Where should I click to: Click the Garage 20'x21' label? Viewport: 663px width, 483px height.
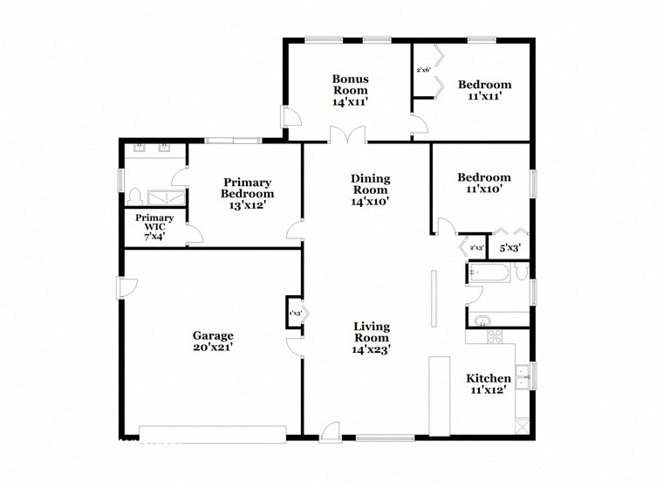point(213,341)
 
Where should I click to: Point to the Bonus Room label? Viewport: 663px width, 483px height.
point(349,90)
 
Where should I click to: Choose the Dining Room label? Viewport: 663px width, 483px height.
point(371,190)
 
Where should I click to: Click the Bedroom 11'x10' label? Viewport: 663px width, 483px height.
point(484,183)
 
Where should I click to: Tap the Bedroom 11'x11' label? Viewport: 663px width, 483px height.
point(484,90)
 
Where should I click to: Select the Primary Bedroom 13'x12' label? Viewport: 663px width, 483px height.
point(247,194)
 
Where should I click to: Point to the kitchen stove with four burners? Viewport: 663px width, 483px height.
point(494,336)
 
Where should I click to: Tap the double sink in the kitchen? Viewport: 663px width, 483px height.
point(523,376)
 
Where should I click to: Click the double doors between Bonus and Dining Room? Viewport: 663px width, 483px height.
point(347,135)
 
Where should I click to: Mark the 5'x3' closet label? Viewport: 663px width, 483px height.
point(509,248)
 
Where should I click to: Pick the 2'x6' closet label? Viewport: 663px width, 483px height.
point(424,70)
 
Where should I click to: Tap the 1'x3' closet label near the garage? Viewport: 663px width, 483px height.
point(296,313)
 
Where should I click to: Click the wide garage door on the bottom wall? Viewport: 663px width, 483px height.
point(212,431)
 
